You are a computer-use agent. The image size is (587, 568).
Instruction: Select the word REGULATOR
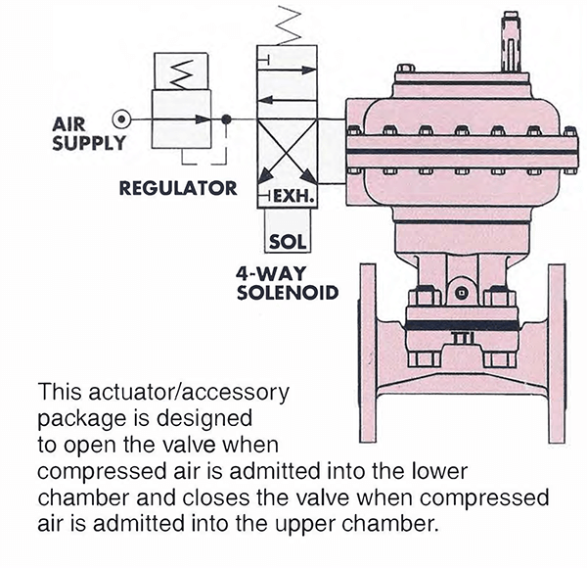[x=177, y=187]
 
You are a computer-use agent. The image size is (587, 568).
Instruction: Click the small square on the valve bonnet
[x=459, y=293]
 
